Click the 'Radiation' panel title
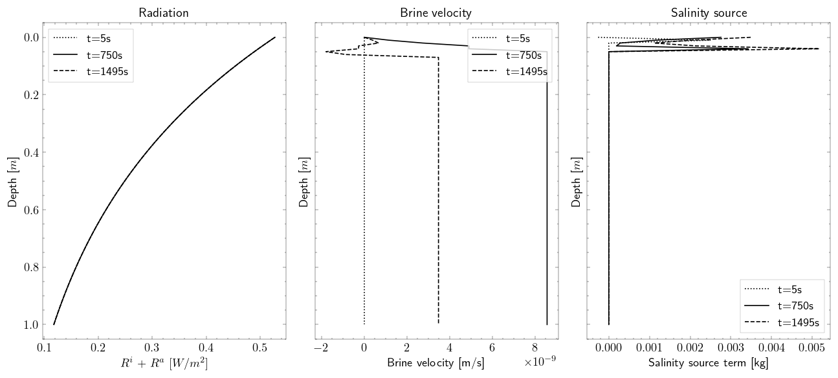(x=164, y=13)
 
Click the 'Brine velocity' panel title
(x=436, y=13)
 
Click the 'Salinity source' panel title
(x=708, y=13)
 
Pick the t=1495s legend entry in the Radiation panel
(x=107, y=72)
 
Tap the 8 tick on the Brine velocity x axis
(x=535, y=350)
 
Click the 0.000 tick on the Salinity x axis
(x=609, y=350)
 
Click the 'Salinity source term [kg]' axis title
(x=708, y=363)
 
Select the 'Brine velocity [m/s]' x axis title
(x=436, y=363)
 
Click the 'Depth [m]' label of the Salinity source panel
(x=577, y=181)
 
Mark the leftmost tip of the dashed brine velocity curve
(x=325, y=52)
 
